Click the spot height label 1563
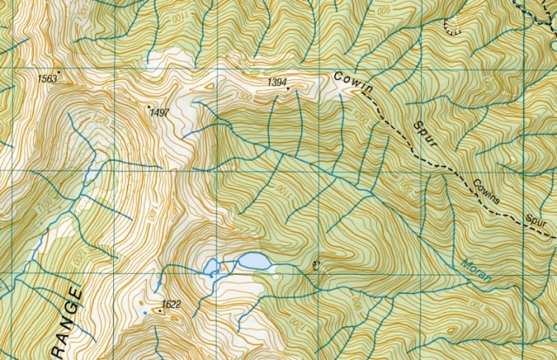point(47,79)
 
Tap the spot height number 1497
point(158,113)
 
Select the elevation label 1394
point(278,82)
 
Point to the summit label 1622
point(171,304)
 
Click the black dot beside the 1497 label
point(149,106)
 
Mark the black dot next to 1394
point(288,88)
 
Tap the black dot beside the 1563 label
point(58,71)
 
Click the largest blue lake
point(253,261)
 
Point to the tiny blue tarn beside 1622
point(144,310)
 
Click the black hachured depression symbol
point(452,25)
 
